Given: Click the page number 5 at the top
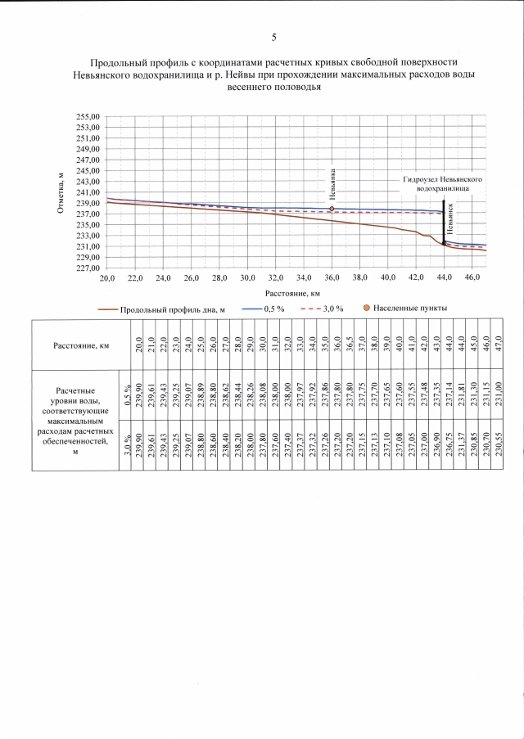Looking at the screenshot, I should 274,37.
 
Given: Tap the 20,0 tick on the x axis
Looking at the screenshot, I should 107,278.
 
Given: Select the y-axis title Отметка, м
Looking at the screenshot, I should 61,193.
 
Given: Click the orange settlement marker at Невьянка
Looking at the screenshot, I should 332,209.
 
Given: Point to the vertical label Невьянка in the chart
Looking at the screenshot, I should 332,184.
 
